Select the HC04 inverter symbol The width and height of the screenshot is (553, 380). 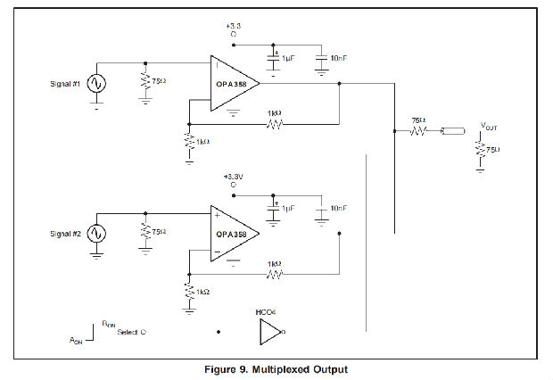[x=270, y=333]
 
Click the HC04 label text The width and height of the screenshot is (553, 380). [x=266, y=311]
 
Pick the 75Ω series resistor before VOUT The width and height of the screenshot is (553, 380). [x=419, y=132]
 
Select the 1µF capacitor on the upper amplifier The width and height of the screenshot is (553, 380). [x=274, y=59]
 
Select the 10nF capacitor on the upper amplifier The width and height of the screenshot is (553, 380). [x=322, y=60]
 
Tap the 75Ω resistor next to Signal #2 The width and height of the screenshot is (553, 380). [x=144, y=233]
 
